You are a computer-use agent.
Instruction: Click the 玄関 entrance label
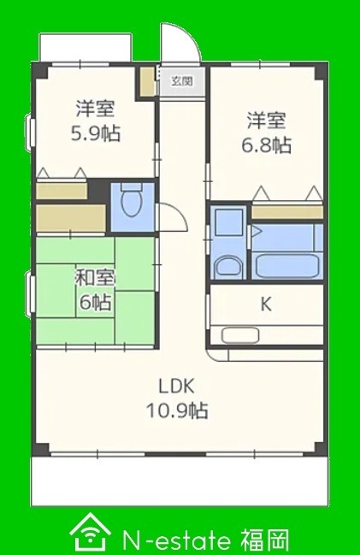(x=182, y=81)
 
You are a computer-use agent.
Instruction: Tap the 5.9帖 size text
(x=96, y=133)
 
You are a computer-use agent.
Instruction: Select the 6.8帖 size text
(x=267, y=145)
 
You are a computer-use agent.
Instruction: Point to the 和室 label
(x=96, y=279)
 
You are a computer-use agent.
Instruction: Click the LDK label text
(x=176, y=387)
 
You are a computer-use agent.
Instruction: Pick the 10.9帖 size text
(x=177, y=410)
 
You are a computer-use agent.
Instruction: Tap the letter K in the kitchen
(x=266, y=304)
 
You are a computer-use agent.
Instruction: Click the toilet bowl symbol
(x=131, y=201)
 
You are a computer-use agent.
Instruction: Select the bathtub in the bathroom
(x=286, y=265)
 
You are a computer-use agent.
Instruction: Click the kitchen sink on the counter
(x=240, y=335)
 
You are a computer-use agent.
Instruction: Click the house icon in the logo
(x=90, y=534)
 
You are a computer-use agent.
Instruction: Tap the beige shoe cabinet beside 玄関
(x=147, y=81)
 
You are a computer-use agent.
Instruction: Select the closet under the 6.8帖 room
(x=287, y=212)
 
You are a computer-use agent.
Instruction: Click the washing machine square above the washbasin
(x=228, y=222)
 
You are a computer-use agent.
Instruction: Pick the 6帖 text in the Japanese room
(x=95, y=302)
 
